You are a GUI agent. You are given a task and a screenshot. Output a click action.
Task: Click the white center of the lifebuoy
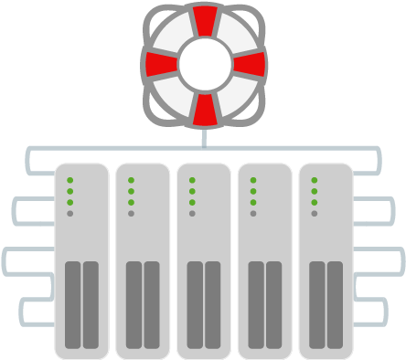[204, 64]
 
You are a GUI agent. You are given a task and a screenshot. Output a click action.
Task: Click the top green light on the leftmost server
[69, 180]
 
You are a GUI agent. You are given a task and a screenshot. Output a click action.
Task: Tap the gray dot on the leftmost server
[69, 213]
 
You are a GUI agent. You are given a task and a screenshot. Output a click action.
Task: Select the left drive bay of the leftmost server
[72, 303]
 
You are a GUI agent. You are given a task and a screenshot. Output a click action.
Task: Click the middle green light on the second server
[131, 191]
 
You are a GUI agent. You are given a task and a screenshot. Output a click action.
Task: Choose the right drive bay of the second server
[152, 303]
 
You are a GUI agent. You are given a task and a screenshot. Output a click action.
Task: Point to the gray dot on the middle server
[191, 213]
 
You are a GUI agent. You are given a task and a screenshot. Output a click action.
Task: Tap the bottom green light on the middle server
[191, 202]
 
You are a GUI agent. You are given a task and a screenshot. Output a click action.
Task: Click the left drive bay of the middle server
[195, 303]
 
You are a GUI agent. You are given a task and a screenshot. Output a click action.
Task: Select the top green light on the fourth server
[252, 180]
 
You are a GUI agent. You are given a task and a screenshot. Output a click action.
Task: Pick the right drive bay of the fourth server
[273, 303]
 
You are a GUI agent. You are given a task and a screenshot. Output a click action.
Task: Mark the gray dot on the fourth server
[252, 213]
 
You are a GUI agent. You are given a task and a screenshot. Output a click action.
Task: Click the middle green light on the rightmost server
[314, 191]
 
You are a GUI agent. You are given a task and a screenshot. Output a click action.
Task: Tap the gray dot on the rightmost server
[314, 213]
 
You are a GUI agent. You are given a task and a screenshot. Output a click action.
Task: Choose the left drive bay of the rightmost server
[316, 303]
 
